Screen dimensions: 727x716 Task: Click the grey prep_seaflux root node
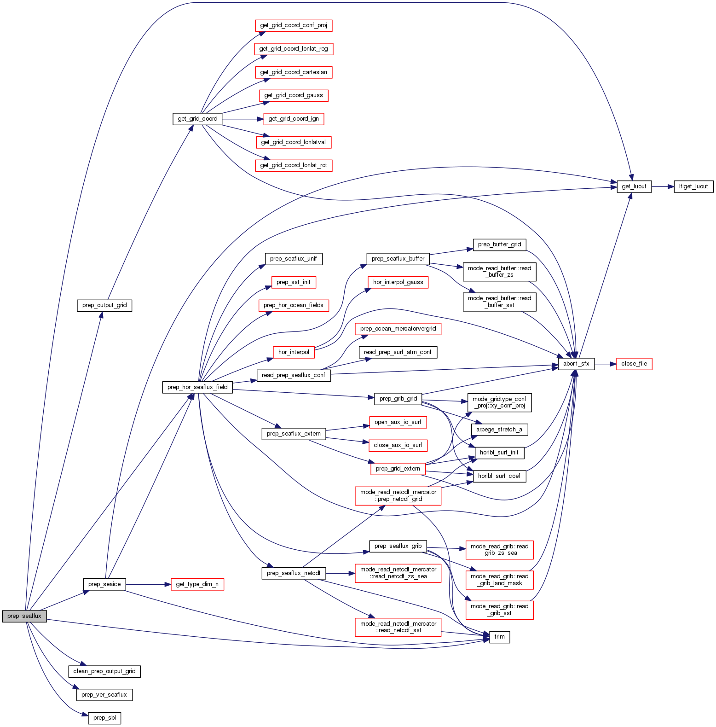[24, 616]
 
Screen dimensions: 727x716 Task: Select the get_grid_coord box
[197, 119]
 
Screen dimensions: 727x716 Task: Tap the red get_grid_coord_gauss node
[294, 95]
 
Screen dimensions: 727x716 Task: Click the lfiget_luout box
[693, 186]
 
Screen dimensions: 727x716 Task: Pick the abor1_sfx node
[576, 364]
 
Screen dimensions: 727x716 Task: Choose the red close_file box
[634, 364]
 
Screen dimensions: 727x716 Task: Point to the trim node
[499, 637]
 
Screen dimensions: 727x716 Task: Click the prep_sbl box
[104, 718]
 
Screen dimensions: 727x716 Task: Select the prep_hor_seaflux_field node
[197, 387]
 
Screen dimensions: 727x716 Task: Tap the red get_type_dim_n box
[197, 584]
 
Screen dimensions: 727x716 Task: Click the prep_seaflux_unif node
[293, 259]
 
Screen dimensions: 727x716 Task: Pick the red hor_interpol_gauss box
[398, 282]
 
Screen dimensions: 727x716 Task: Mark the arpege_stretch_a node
[499, 430]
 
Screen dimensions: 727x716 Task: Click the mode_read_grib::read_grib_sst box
[499, 610]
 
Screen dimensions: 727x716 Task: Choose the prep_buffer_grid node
[499, 244]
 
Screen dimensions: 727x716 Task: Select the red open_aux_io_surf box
[398, 422]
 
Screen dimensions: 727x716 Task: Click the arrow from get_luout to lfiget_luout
[663, 186]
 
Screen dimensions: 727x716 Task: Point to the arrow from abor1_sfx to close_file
[605, 364]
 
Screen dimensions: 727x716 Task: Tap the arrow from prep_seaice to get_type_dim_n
[148, 584]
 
